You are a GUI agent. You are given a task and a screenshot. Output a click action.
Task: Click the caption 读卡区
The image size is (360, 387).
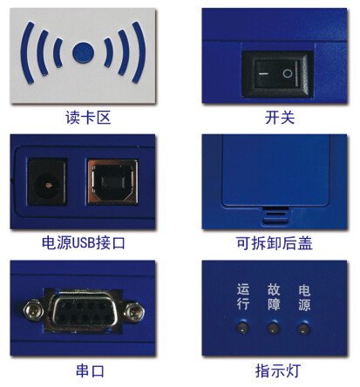(x=83, y=117)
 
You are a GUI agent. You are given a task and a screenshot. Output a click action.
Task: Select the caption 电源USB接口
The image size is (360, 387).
(x=83, y=243)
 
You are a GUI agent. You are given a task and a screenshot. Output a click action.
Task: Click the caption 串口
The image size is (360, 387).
(x=85, y=370)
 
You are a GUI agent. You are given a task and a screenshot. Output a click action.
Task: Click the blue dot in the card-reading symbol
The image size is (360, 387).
(x=83, y=51)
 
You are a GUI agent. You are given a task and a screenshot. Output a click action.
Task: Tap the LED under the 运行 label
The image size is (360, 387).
(x=243, y=329)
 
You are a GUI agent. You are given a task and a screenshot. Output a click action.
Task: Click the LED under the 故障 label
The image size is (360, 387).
(x=274, y=329)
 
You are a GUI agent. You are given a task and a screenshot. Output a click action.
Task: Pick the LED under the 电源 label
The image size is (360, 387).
(x=304, y=329)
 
